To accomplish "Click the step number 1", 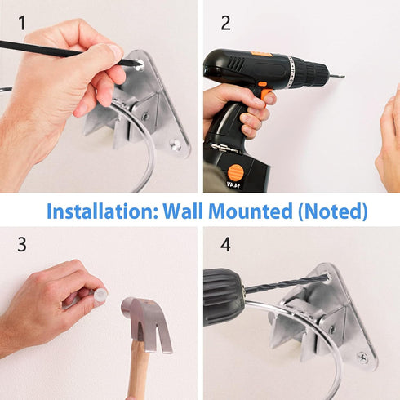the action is pyautogui.click(x=22, y=23).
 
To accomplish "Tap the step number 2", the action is pyautogui.click(x=226, y=23).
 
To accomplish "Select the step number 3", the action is pyautogui.click(x=22, y=244).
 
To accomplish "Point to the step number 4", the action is pyautogui.click(x=225, y=244).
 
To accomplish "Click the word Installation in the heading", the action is pyautogui.click(x=102, y=211).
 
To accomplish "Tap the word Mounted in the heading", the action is pyautogui.click(x=251, y=211).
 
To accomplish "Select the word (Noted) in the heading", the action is pyautogui.click(x=333, y=211).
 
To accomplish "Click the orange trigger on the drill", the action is pyautogui.click(x=266, y=93).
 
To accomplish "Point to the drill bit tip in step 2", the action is pyautogui.click(x=344, y=77).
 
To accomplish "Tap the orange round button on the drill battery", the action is pyautogui.click(x=235, y=172).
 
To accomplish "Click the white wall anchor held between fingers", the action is pyautogui.click(x=100, y=295).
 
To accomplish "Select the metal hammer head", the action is pyautogui.click(x=145, y=324).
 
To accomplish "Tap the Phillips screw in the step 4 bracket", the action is pyautogui.click(x=363, y=357).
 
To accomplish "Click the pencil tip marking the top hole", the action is pyautogui.click(x=141, y=64).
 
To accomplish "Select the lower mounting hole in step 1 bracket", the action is pyautogui.click(x=175, y=144).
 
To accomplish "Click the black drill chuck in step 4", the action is pyautogui.click(x=223, y=297).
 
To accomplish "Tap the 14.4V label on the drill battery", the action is pyautogui.click(x=233, y=185).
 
